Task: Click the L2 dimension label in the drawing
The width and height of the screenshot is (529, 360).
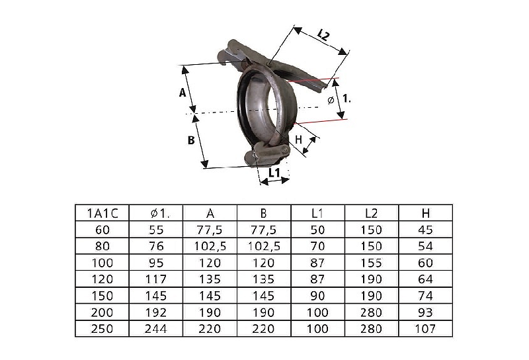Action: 323,35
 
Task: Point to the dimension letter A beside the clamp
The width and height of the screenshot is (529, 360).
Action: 183,92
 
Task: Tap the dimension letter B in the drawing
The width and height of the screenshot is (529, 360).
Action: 191,140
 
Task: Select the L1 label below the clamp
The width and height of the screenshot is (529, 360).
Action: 274,173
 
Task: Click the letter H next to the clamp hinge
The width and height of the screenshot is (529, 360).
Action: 299,140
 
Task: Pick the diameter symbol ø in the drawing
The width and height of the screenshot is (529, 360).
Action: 331,101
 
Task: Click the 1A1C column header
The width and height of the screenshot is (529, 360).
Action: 102,214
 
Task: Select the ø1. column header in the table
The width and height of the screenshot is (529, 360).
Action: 160,214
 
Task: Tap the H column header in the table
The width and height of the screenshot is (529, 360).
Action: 426,214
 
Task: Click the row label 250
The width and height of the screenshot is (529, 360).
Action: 102,329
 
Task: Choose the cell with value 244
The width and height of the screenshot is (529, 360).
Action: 156,329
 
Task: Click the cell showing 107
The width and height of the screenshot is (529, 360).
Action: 425,329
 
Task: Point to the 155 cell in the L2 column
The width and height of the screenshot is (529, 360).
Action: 371,263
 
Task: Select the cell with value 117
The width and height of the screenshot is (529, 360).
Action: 156,279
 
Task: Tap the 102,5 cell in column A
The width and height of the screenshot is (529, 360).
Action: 210,247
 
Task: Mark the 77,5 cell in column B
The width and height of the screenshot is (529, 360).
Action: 264,230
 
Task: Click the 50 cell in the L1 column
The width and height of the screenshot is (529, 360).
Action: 317,230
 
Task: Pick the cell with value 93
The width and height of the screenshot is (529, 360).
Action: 425,312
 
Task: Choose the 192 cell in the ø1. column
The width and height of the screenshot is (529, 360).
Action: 156,312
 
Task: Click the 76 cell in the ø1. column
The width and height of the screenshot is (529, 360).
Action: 156,246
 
